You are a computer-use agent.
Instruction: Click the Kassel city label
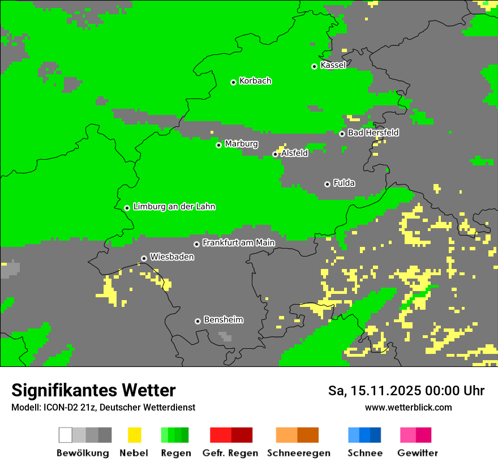tap(333, 65)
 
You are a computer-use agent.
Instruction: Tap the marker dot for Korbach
tap(233, 82)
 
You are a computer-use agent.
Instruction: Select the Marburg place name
tap(241, 144)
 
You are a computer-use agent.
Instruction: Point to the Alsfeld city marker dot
tap(275, 154)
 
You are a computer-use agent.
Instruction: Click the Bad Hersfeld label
tap(373, 133)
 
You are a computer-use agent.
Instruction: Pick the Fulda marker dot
tap(327, 184)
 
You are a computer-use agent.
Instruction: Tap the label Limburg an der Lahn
tap(174, 207)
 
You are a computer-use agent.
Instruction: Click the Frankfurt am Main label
tap(238, 243)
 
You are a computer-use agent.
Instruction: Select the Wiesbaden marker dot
tap(144, 258)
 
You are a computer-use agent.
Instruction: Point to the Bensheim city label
tap(223, 320)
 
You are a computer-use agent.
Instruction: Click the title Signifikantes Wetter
tap(93, 390)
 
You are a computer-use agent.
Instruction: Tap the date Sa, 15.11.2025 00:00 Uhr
tap(406, 391)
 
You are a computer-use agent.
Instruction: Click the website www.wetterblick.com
tap(408, 407)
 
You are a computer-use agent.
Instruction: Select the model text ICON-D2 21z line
tap(103, 407)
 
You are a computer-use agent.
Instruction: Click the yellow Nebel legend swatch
tap(134, 435)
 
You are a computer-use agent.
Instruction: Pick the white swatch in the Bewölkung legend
tap(66, 435)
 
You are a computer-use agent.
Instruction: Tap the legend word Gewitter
tap(417, 453)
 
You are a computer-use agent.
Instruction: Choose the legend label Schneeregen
tap(298, 453)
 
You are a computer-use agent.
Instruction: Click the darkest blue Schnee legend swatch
tap(376, 435)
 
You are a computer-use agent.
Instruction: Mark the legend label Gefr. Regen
tap(230, 453)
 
